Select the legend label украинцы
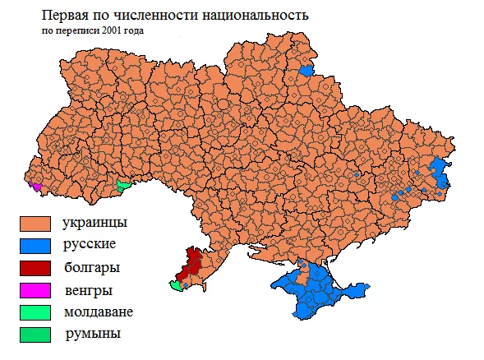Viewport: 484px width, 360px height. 94,223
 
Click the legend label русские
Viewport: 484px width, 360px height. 89,245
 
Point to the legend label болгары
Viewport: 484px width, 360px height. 91,267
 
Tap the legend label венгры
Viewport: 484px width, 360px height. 88,289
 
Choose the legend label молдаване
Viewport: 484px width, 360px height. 98,312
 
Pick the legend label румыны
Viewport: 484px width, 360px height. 91,334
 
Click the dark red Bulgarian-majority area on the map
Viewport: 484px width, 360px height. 191,263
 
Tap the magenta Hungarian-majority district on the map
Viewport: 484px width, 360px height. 35,186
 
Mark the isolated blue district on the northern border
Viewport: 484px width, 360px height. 307,70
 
